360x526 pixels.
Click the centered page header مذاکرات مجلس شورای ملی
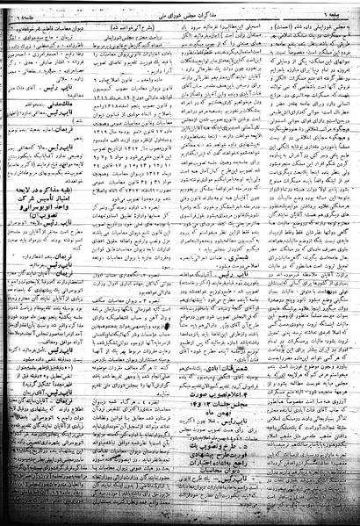tap(180, 11)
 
